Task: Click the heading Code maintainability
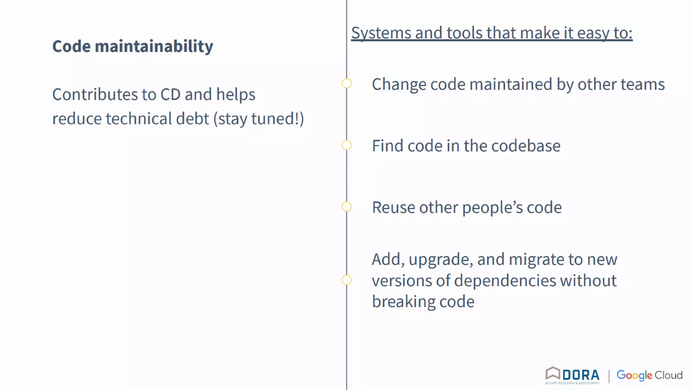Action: click(133, 46)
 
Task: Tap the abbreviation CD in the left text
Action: click(171, 94)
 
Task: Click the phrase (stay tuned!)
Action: click(259, 119)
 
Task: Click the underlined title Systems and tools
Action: click(492, 33)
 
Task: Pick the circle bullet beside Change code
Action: click(346, 83)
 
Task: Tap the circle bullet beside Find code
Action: click(346, 145)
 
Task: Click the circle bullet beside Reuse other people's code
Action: click(346, 207)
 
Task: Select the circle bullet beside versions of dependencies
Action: click(346, 280)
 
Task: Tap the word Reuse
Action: click(393, 208)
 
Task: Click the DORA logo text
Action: click(581, 375)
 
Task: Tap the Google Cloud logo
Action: click(649, 375)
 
